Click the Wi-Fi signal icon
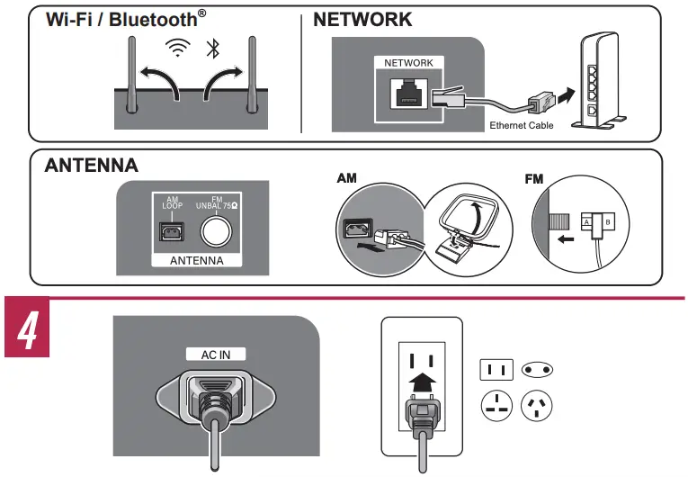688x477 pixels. (x=178, y=48)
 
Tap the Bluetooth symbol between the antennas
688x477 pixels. (x=213, y=49)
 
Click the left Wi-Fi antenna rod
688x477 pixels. (x=131, y=75)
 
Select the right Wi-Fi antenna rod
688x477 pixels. (x=252, y=75)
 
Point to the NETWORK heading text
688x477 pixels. (x=362, y=20)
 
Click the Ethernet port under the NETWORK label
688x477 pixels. (x=408, y=93)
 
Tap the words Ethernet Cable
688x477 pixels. (x=522, y=126)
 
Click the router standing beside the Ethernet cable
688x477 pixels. (x=599, y=81)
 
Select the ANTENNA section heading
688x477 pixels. (x=91, y=166)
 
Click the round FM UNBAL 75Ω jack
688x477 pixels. (x=217, y=230)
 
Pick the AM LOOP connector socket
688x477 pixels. (x=172, y=231)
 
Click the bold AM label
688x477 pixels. (x=346, y=178)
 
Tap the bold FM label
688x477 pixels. (x=534, y=179)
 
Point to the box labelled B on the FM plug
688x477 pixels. (x=608, y=222)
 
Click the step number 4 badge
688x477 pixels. (x=27, y=328)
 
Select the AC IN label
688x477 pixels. (x=216, y=355)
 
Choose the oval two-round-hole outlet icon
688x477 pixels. (x=537, y=370)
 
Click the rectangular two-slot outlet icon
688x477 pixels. (x=496, y=370)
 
